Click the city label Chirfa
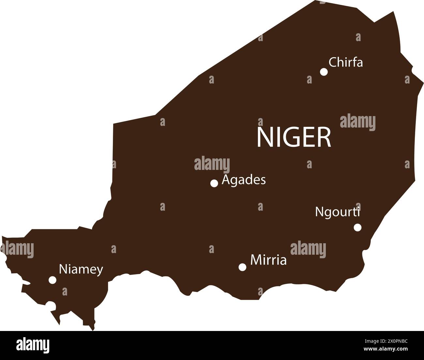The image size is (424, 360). point(345,62)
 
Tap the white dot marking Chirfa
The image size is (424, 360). point(324,72)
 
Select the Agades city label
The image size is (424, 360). point(244,180)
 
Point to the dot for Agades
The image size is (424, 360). point(214,183)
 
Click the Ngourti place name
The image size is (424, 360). point(337,212)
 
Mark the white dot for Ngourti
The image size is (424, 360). point(357,227)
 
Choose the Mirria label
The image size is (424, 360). point(268,260)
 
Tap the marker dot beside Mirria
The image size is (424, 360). point(242,267)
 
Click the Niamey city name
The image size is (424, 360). point(81,270)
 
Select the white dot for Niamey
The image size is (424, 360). point(53,280)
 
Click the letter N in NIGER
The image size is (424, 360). point(265,137)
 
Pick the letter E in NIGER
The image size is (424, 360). point(308,137)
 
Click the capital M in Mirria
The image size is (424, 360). point(255,260)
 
